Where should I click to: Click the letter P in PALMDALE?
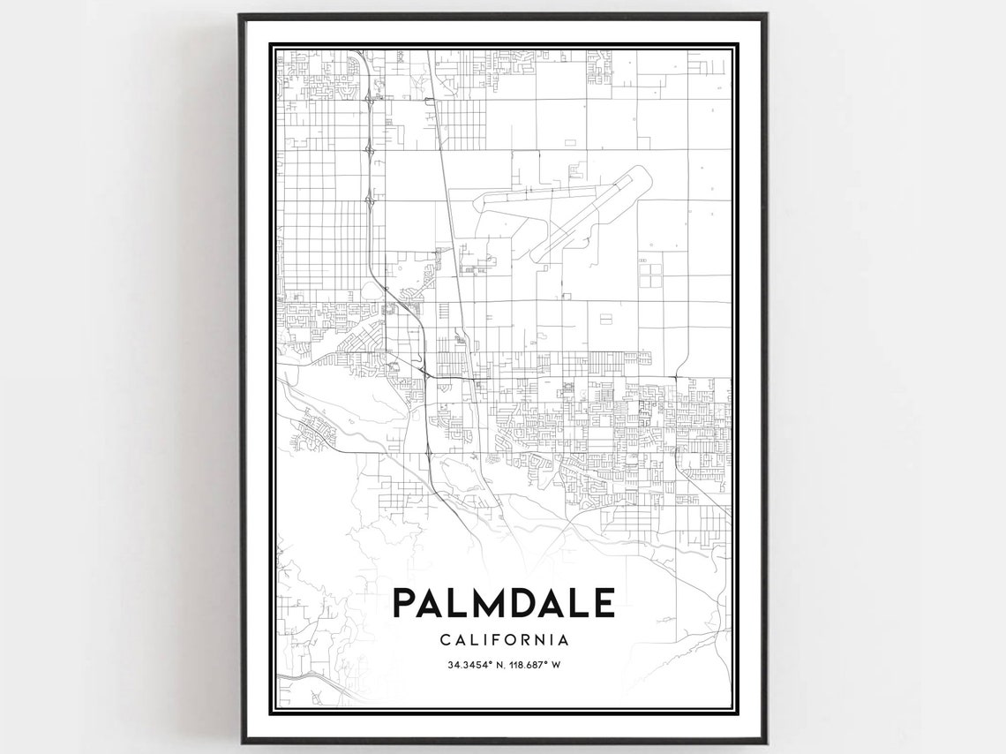tap(403, 603)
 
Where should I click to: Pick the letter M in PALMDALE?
tap(483, 603)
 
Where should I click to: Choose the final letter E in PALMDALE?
tap(604, 603)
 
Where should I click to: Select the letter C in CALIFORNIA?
tap(444, 640)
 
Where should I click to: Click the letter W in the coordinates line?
tap(557, 664)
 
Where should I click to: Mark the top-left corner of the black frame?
tap(241, 15)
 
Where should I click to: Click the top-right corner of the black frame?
tap(765, 15)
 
